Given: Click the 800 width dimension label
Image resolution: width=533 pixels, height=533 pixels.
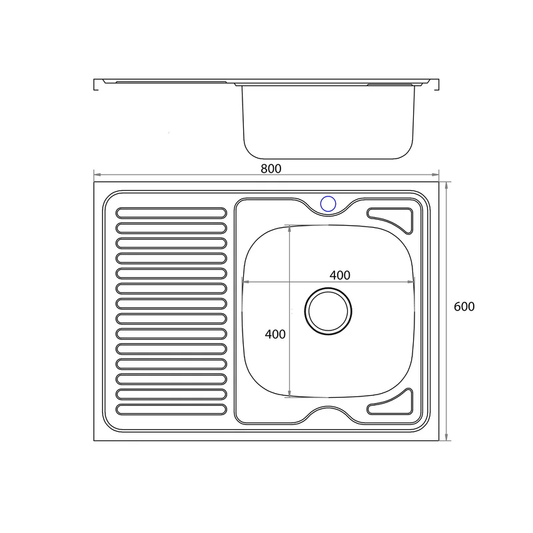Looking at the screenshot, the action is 271,169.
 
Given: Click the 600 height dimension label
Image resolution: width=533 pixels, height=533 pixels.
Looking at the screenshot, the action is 464,306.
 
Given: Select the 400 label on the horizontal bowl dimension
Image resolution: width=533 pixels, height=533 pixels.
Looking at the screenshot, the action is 340,275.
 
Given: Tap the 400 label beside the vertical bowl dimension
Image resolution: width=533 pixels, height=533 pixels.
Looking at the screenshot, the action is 275,334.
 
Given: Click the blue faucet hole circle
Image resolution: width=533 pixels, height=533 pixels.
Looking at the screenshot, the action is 328,204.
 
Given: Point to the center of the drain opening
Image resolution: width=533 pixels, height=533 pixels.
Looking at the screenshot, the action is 328,311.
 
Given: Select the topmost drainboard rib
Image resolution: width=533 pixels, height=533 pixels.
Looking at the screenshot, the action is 171,213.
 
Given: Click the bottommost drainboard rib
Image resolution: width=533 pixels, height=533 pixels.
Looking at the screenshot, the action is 171,409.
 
